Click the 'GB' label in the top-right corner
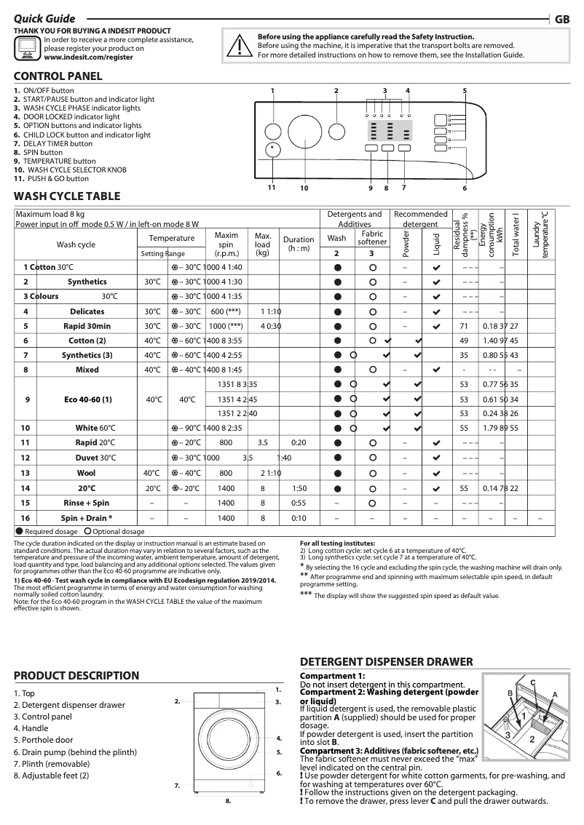(561, 20)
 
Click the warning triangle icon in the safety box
(239, 45)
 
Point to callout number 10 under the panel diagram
(304, 188)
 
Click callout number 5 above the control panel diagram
(465, 90)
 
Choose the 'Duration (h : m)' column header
(299, 243)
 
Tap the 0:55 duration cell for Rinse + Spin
(299, 503)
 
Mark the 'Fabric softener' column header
(372, 238)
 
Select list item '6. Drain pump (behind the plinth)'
(75, 752)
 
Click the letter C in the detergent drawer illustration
(532, 682)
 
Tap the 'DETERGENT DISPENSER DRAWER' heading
(387, 662)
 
